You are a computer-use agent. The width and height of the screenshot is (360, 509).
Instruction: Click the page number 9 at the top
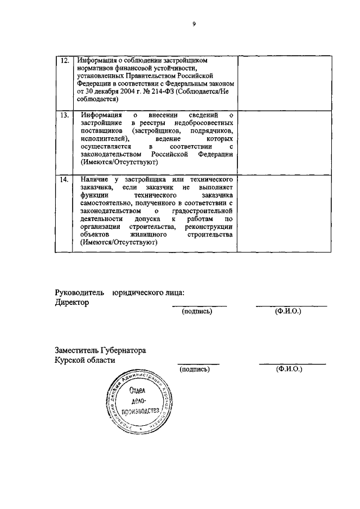pos(193,24)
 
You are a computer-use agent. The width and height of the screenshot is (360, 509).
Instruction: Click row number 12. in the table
pos(65,60)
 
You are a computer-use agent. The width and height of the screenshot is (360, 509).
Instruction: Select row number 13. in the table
pos(65,115)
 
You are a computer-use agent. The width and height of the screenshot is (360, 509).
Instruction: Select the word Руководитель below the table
pos(80,292)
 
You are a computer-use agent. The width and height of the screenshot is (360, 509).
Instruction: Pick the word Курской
pos(69,361)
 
